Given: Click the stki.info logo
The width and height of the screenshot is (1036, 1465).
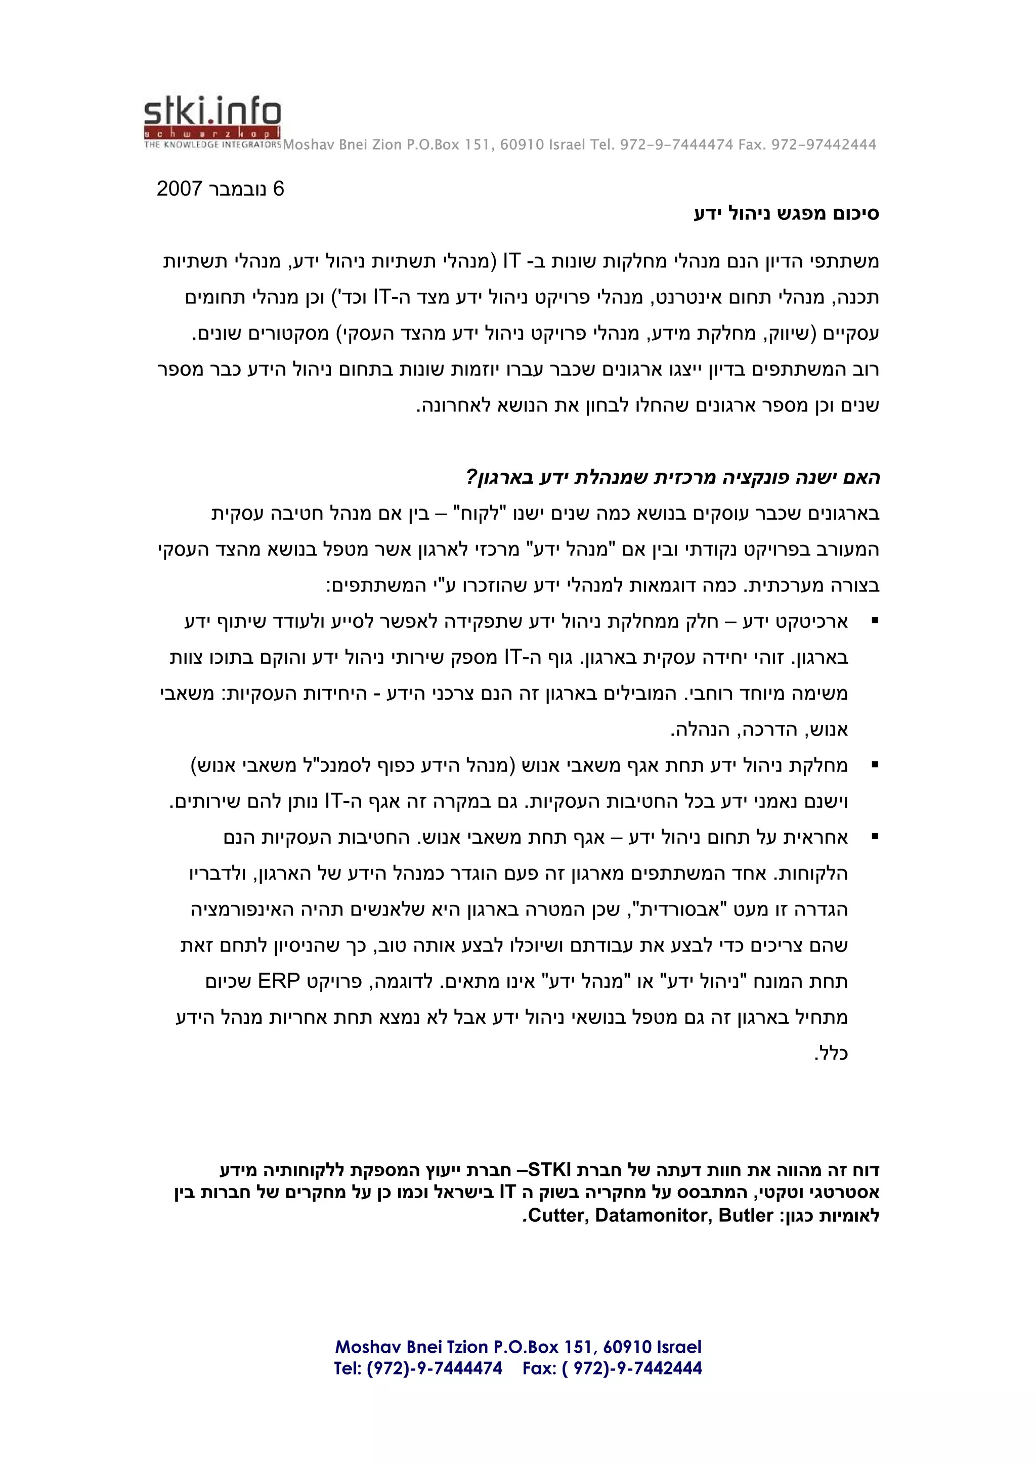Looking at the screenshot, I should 212,122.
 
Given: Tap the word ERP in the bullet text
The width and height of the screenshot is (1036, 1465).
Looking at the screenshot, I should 278,981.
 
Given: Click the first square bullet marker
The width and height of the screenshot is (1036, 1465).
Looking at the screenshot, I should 875,621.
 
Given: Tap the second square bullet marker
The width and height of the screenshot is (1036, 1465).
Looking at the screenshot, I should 875,764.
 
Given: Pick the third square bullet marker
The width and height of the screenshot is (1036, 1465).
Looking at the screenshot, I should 875,837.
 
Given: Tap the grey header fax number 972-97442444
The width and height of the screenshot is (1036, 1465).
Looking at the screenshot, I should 824,145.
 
